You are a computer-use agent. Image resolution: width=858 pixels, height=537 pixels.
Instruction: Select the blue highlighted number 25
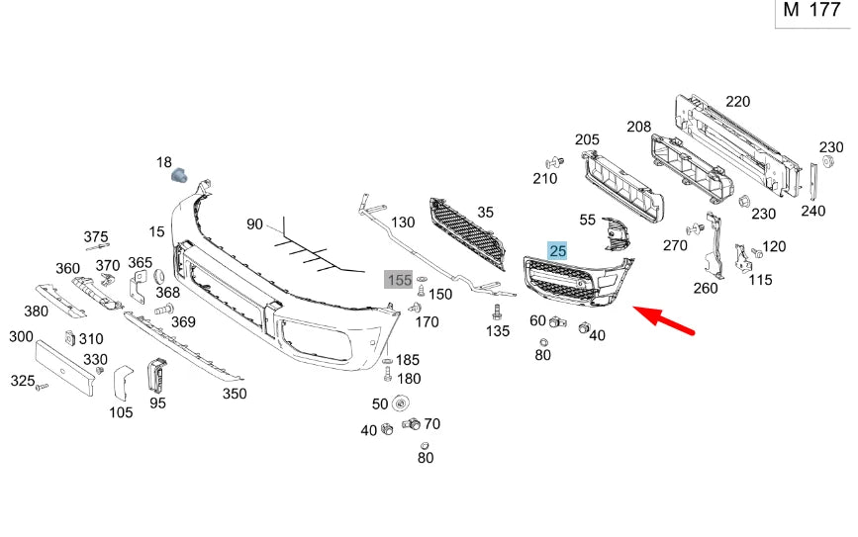coord(557,251)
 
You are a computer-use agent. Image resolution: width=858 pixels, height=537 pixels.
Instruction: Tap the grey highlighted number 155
coord(399,280)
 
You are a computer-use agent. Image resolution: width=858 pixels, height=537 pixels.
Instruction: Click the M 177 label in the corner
coord(811,11)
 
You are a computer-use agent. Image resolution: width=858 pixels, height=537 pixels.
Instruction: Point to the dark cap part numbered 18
coord(180,176)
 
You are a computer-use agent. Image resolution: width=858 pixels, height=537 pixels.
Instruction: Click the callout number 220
coord(736,101)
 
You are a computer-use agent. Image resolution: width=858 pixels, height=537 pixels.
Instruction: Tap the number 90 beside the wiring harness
coord(255,224)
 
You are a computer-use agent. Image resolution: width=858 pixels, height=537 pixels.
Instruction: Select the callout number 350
coord(234,394)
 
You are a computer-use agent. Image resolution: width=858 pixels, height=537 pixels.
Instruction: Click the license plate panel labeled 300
coord(65,367)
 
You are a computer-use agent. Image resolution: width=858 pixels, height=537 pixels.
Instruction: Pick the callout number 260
coord(706,289)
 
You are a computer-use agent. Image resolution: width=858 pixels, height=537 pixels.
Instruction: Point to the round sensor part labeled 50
coord(401,403)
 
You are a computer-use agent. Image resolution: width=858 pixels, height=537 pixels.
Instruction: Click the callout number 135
coord(498,331)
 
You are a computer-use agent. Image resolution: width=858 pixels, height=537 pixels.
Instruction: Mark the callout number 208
coord(638,127)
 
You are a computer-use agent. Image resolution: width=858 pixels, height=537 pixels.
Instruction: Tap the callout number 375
coord(96,236)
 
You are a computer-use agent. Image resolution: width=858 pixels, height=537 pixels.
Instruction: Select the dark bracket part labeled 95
coord(156,376)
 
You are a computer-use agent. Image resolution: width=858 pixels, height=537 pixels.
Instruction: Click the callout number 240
coord(812,211)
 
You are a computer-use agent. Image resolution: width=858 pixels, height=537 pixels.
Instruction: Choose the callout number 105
coord(121,412)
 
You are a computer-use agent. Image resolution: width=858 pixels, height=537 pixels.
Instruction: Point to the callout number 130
coord(403,223)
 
